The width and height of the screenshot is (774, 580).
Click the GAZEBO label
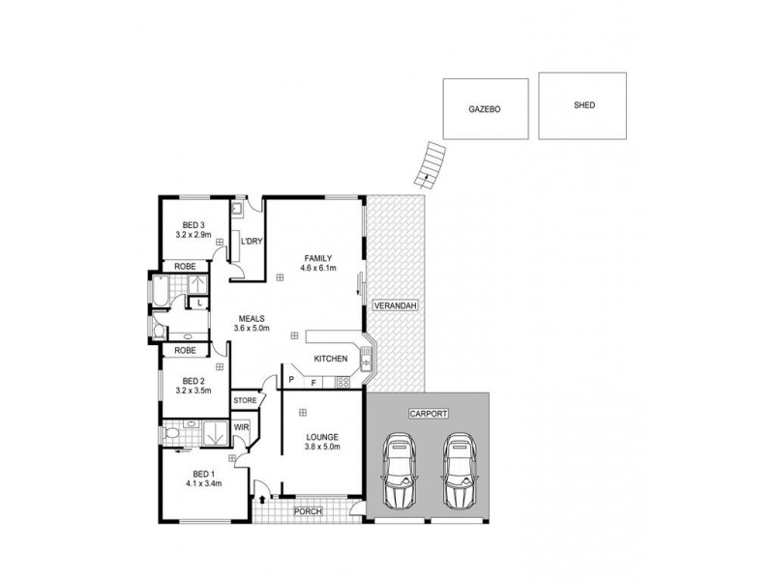(485, 109)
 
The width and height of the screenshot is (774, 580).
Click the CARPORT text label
(427, 413)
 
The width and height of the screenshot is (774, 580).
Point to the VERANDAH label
(395, 306)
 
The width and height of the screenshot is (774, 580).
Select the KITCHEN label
(331, 360)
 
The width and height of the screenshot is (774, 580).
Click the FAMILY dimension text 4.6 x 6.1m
(317, 268)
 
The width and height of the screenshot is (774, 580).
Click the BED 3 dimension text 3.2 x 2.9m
(194, 235)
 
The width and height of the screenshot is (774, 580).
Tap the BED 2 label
(193, 380)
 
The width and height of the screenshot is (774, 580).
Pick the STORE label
(244, 399)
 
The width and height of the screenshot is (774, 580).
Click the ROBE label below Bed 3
(186, 267)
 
